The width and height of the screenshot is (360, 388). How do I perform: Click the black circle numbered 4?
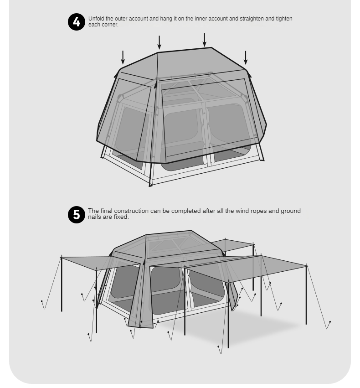pyautogui.click(x=77, y=22)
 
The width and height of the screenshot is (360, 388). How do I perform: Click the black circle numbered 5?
pyautogui.click(x=77, y=215)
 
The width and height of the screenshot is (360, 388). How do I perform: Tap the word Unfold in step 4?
pyautogui.click(x=96, y=19)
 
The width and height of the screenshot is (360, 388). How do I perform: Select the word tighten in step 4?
pyautogui.click(x=284, y=19)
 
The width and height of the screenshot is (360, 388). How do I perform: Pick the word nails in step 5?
pyautogui.click(x=94, y=217)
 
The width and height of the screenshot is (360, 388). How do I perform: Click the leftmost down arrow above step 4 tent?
pyautogui.click(x=123, y=57)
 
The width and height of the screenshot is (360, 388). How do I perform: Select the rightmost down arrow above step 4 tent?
pyautogui.click(x=246, y=57)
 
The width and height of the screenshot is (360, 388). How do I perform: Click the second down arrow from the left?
pyautogui.click(x=159, y=42)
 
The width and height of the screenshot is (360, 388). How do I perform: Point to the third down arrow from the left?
pyautogui.click(x=205, y=40)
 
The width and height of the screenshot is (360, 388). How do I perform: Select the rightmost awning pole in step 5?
pyautogui.click(x=306, y=294)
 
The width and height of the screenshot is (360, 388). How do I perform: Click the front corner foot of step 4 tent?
pyautogui.click(x=150, y=186)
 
